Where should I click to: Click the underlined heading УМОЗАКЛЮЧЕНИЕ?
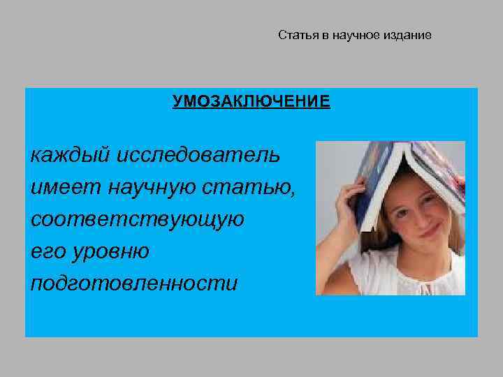point(251,102)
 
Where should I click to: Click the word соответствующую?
point(138,219)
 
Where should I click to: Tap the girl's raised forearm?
point(335,237)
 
